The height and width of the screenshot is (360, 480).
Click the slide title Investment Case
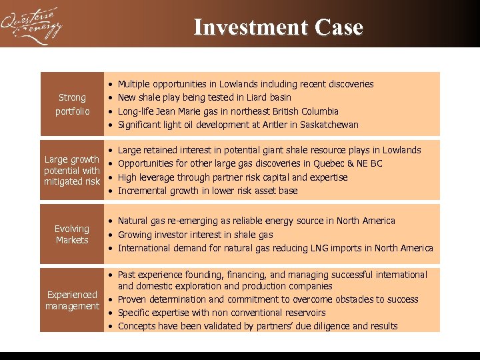click(x=278, y=27)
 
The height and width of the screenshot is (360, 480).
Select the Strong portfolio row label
click(x=72, y=104)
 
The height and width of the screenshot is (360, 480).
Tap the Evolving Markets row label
click(x=72, y=234)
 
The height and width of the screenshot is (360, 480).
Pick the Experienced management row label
click(x=72, y=300)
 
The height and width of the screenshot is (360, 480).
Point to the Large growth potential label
click(x=72, y=170)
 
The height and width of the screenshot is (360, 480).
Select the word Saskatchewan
click(x=329, y=125)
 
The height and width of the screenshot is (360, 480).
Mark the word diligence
click(x=330, y=326)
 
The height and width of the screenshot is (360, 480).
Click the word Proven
click(x=132, y=299)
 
